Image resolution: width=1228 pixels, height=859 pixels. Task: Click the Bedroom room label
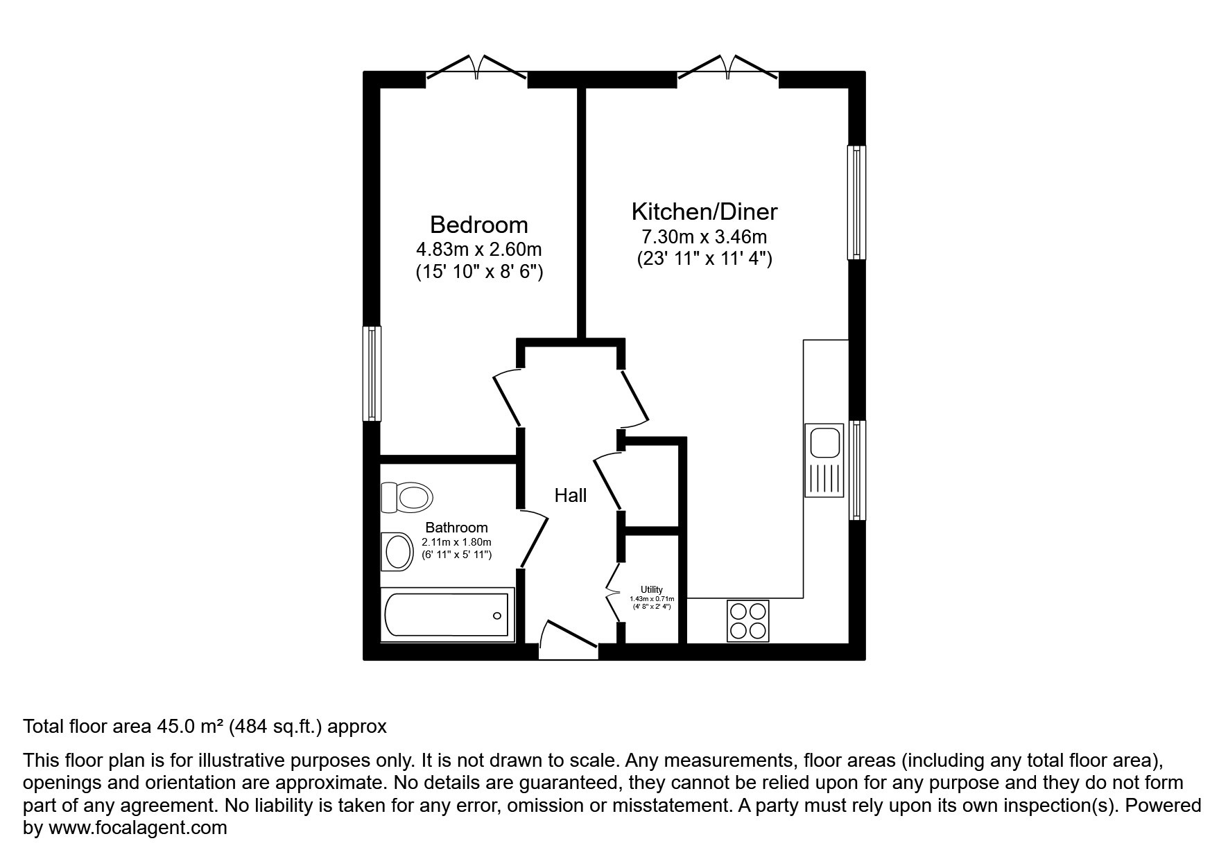pyautogui.click(x=478, y=225)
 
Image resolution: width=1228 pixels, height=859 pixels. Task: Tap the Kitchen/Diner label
pyautogui.click(x=704, y=211)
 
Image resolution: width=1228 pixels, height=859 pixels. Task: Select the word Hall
pyautogui.click(x=570, y=495)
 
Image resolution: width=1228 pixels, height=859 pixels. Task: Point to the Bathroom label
pyautogui.click(x=456, y=528)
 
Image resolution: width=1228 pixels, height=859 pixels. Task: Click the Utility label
pyautogui.click(x=652, y=589)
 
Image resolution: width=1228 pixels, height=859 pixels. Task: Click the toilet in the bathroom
pyautogui.click(x=407, y=497)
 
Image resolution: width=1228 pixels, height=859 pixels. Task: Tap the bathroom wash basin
pyautogui.click(x=397, y=552)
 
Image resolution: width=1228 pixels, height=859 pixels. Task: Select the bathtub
pyautogui.click(x=447, y=614)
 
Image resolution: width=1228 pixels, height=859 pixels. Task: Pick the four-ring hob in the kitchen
pyautogui.click(x=748, y=621)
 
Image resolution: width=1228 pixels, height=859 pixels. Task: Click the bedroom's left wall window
pyautogui.click(x=372, y=374)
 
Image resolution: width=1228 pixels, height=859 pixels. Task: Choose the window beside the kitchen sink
pyautogui.click(x=858, y=470)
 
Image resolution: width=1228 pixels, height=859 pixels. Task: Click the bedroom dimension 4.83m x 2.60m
pyautogui.click(x=478, y=249)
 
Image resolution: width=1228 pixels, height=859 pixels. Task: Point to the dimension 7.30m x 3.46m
pyautogui.click(x=704, y=236)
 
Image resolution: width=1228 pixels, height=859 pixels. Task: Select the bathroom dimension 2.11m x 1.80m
pyautogui.click(x=456, y=542)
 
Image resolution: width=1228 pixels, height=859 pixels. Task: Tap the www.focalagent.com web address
pyautogui.click(x=137, y=827)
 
